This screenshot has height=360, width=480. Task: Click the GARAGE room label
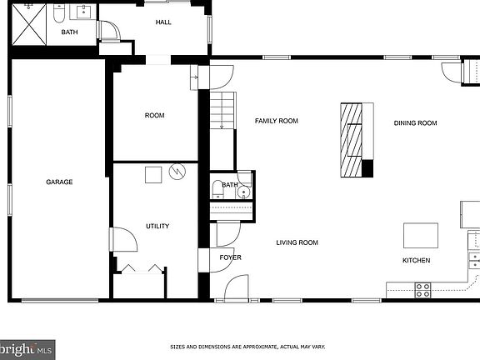click(x=59, y=182)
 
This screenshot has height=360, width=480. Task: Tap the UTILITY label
click(x=157, y=226)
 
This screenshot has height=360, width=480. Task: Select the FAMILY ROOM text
click(x=276, y=121)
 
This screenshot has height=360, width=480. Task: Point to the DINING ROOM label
click(x=415, y=123)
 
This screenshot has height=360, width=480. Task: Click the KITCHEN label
click(x=416, y=261)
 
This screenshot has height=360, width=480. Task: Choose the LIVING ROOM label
click(x=297, y=242)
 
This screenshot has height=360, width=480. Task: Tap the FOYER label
click(x=230, y=257)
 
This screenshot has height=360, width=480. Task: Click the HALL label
click(x=163, y=22)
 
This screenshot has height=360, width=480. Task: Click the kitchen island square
click(x=420, y=235)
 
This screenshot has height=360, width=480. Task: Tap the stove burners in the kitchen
click(x=422, y=290)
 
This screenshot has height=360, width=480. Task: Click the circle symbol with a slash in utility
click(x=177, y=172)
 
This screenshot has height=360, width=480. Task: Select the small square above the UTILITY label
click(x=152, y=175)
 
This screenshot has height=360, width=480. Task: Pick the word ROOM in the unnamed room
click(x=154, y=115)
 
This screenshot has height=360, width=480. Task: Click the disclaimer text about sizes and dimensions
click(x=247, y=347)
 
